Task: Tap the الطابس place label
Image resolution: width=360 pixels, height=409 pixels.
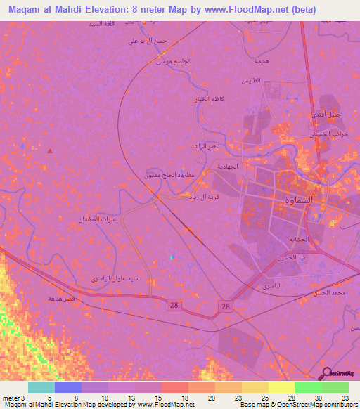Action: click(269, 81)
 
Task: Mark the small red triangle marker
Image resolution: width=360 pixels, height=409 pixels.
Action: click(49, 150)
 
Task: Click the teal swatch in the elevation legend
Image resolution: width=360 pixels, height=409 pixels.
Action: click(41, 387)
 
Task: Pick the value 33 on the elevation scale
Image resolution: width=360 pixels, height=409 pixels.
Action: click(346, 398)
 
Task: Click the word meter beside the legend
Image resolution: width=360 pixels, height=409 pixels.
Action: click(10, 398)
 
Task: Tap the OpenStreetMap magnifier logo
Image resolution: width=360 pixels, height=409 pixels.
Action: click(326, 373)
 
